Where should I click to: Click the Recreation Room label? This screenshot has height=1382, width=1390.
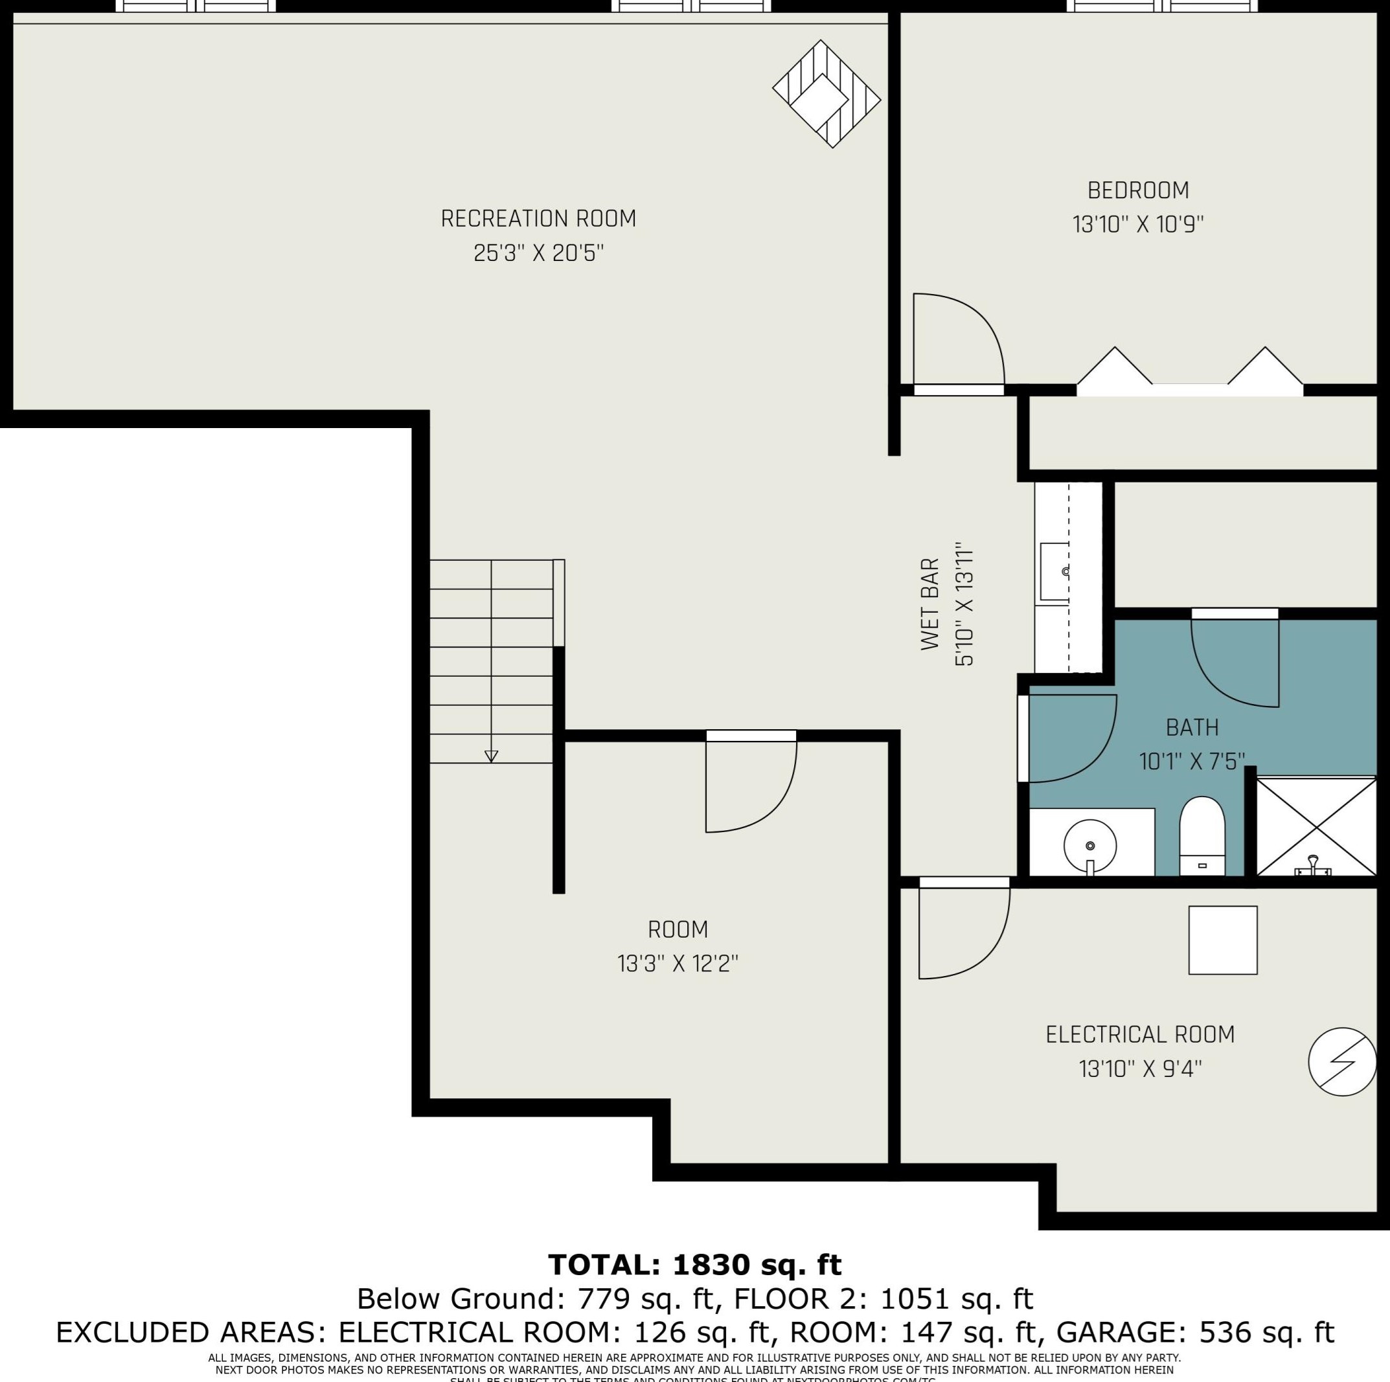tap(538, 219)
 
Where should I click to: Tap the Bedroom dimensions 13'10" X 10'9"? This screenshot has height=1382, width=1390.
tap(1138, 225)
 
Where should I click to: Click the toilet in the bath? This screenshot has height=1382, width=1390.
tap(1202, 835)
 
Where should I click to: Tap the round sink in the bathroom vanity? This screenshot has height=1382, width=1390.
tap(1090, 846)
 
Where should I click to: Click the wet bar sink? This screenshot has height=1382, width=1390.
tap(1055, 572)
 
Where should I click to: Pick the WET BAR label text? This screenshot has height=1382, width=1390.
tap(930, 604)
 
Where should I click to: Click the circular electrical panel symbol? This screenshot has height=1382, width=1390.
tap(1343, 1062)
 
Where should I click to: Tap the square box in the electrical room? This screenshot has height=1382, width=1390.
tap(1222, 940)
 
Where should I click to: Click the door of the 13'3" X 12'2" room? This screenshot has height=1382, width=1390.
tap(748, 785)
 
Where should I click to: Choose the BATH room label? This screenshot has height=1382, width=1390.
tap(1192, 727)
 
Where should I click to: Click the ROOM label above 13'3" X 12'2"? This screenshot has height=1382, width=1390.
tap(678, 929)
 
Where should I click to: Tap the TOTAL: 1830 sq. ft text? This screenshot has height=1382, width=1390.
tap(694, 1264)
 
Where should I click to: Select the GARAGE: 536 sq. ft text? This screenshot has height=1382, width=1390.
tap(1195, 1332)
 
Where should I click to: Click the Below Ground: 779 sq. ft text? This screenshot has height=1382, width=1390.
tap(539, 1298)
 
